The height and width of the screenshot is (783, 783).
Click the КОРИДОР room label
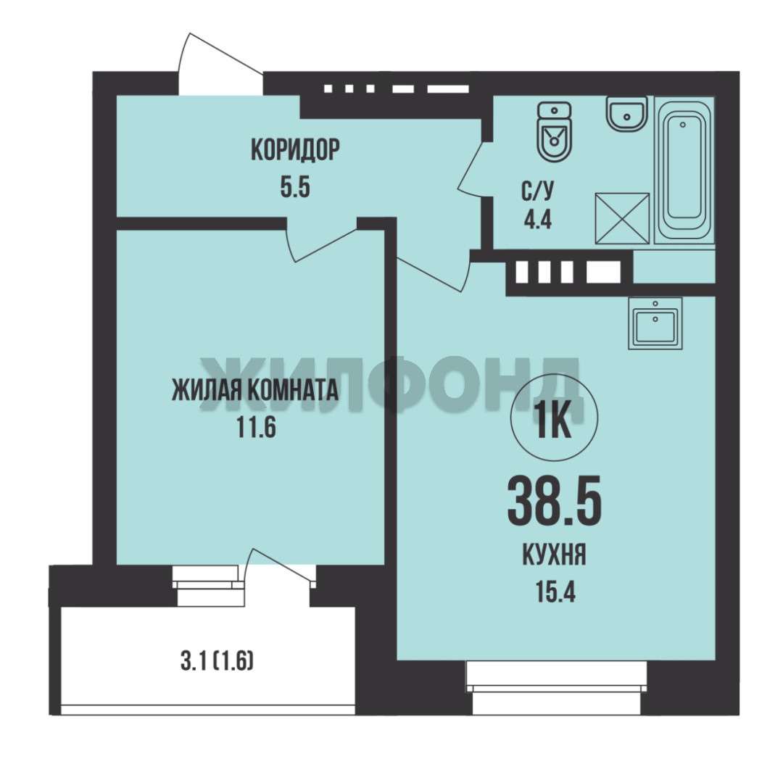pyautogui.click(x=295, y=150)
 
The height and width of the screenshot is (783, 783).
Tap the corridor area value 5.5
pyautogui.click(x=295, y=188)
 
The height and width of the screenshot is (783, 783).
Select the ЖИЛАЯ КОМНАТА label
pyautogui.click(x=255, y=390)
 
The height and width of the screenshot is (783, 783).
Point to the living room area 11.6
pyautogui.click(x=256, y=428)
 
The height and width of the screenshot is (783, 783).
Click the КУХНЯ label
pyautogui.click(x=555, y=555)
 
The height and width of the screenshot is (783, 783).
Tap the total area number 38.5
pyautogui.click(x=555, y=500)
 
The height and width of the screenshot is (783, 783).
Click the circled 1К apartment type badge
pyautogui.click(x=555, y=418)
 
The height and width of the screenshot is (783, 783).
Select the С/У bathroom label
pyautogui.click(x=538, y=191)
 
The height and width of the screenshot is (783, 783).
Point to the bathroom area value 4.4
pyautogui.click(x=538, y=219)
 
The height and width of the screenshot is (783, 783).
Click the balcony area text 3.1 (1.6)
pyautogui.click(x=217, y=662)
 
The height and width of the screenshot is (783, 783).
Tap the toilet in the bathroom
pyautogui.click(x=554, y=132)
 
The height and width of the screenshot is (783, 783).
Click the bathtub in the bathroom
pyautogui.click(x=684, y=170)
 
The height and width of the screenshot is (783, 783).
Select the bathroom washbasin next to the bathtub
pyautogui.click(x=626, y=114)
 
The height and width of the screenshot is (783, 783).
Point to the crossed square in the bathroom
pyautogui.click(x=622, y=218)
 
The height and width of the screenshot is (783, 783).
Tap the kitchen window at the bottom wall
pyautogui.click(x=556, y=687)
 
